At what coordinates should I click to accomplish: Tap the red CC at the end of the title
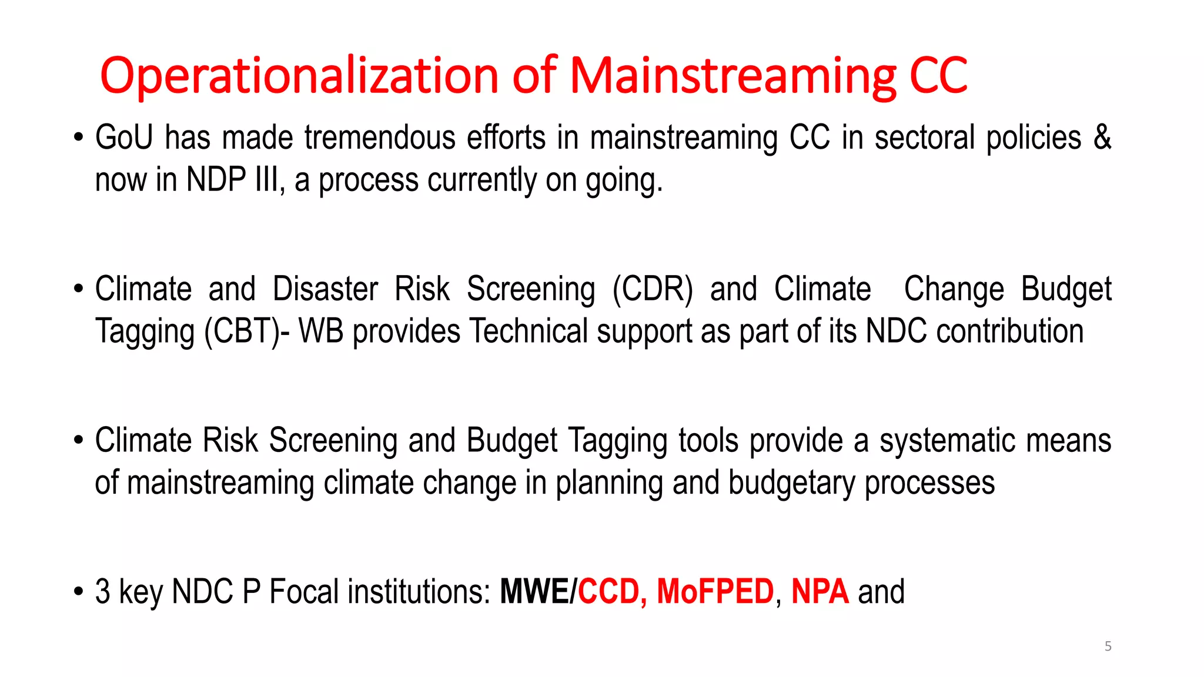coord(938,75)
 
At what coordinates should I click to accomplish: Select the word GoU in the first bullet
coord(124,138)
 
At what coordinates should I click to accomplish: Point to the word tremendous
coord(380,138)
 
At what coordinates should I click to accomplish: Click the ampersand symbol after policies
coord(1102,138)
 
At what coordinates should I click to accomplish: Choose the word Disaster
coord(325,289)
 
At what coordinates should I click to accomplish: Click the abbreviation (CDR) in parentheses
coord(653,289)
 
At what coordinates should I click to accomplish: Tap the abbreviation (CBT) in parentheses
coord(242,331)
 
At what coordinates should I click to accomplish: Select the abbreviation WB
coord(321,331)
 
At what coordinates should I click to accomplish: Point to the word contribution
coord(1010,331)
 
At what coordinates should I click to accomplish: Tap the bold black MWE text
coord(534,592)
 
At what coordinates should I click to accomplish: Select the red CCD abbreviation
coord(608,592)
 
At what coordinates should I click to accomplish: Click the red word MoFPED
coord(715,592)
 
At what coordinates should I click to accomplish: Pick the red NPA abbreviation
coord(820,592)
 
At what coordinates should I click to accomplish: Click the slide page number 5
coord(1108,646)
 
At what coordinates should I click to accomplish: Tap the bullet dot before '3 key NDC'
coord(78,592)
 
